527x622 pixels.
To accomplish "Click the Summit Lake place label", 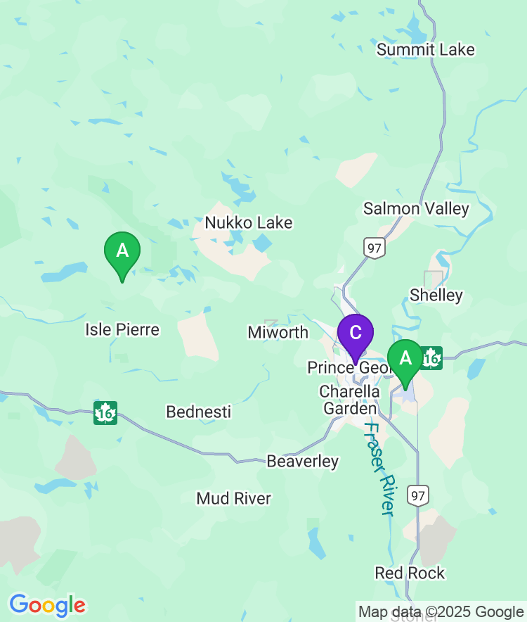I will (425, 49).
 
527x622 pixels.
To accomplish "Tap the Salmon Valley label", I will (415, 208).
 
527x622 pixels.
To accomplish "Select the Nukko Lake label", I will (248, 222).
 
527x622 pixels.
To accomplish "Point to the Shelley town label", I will (436, 295).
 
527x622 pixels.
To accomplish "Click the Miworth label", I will (278, 332).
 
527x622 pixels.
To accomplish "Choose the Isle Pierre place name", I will (122, 329).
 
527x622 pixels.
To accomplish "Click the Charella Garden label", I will (349, 399).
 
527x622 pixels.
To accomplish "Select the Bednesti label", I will (198, 412).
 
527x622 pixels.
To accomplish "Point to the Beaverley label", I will (302, 462).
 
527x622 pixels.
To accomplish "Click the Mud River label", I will (233, 498).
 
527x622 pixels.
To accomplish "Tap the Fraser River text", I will (379, 469).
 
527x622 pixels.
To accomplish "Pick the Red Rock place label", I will (410, 573).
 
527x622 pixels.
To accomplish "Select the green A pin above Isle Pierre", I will (122, 252).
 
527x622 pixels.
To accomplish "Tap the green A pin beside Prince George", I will (405, 360).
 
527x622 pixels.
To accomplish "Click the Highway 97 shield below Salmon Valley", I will (374, 247).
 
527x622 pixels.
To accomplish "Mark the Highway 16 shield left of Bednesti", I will (105, 412).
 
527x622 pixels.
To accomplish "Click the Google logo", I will (47, 604).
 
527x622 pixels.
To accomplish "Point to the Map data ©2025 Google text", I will (441, 611).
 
